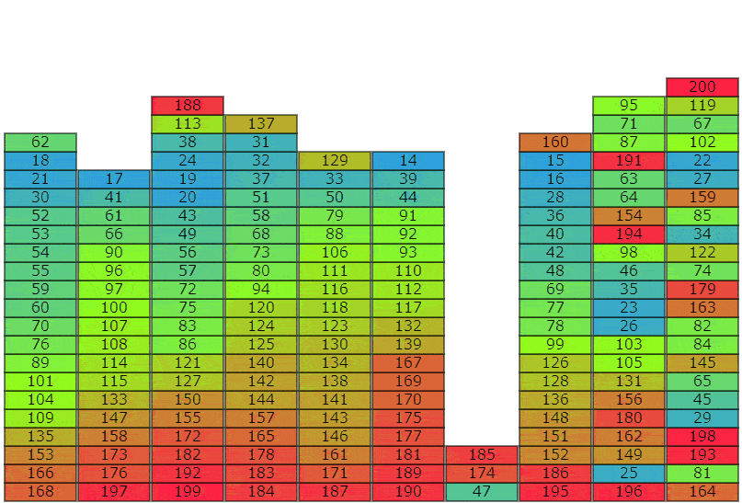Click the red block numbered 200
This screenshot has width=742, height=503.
tap(702, 87)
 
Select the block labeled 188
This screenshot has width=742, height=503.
tap(188, 106)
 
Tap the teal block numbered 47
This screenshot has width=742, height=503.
tap(482, 492)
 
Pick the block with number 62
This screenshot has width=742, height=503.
tap(40, 143)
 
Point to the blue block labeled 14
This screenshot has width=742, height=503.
tap(408, 161)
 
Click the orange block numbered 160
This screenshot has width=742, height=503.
tap(555, 143)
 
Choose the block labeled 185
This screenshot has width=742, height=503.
tap(482, 455)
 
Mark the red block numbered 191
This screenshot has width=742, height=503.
tap(629, 161)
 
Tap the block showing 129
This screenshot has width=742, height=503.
tap(335, 161)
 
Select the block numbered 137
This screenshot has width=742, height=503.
tap(261, 124)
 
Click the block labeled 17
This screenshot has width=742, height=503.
tap(114, 179)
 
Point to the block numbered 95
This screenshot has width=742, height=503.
tap(629, 106)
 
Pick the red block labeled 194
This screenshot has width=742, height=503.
tap(629, 234)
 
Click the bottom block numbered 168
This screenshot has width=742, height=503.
tap(40, 492)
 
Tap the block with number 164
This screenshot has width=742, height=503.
tap(702, 492)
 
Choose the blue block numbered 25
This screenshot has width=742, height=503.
tap(629, 474)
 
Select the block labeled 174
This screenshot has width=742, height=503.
tap(482, 474)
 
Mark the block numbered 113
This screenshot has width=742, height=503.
tap(188, 124)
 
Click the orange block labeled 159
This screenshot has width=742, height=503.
tap(702, 198)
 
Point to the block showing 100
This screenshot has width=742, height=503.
tap(114, 308)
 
